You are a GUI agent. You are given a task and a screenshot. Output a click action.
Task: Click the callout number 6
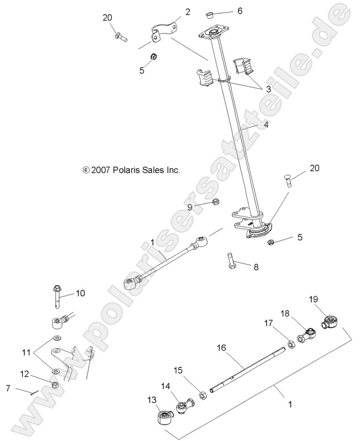(x=223, y=11)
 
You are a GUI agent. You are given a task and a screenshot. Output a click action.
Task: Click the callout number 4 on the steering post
(x=265, y=125)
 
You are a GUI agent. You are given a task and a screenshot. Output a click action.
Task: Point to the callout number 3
(x=268, y=89)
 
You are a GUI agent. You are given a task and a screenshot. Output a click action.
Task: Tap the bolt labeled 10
(x=57, y=294)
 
